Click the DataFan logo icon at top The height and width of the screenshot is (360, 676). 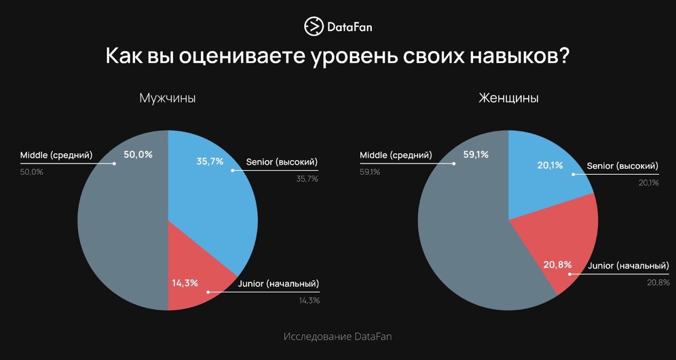[x=314, y=26]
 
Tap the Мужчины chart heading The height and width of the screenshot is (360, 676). [x=167, y=98]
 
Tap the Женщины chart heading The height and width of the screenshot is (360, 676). [x=509, y=98]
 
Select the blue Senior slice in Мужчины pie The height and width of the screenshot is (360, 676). [x=211, y=211]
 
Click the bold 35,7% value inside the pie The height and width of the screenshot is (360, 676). [x=210, y=162]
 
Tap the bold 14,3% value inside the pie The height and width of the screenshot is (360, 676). [x=185, y=283]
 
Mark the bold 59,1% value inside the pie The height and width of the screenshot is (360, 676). [x=475, y=155]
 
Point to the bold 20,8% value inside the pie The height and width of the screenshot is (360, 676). [x=557, y=264]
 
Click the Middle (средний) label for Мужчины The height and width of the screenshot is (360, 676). [x=56, y=155]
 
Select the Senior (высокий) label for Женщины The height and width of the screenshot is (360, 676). [x=623, y=166]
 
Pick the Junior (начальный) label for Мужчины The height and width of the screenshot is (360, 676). [x=278, y=284]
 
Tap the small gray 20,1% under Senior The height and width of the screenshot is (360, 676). [x=649, y=183]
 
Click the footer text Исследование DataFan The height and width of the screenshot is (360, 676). [x=337, y=337]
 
